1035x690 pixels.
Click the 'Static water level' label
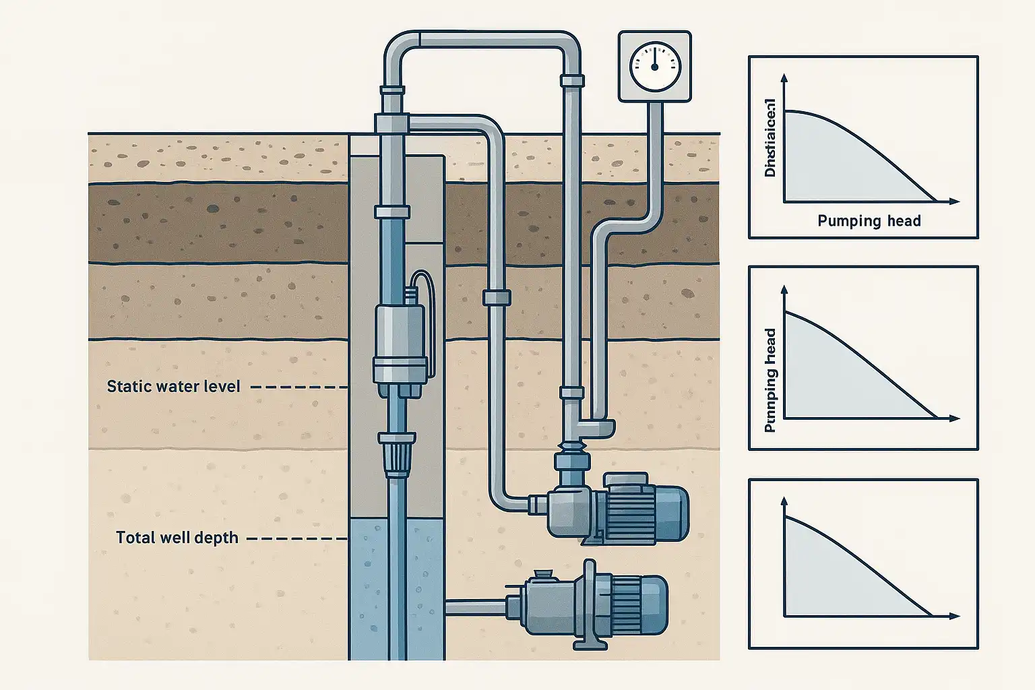tap(173, 386)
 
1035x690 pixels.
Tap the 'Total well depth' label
tap(177, 538)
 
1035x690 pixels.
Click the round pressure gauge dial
tap(655, 67)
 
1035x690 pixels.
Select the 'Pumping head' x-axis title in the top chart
tap(869, 221)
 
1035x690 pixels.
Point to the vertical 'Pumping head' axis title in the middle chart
tap(770, 380)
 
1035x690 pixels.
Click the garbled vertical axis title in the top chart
tap(770, 138)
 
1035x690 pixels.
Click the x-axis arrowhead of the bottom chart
tap(954, 616)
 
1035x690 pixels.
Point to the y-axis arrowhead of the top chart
tap(784, 77)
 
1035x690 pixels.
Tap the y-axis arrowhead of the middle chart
tap(784, 290)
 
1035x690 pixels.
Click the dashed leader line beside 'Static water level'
tap(298, 387)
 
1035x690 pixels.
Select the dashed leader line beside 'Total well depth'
tap(296, 539)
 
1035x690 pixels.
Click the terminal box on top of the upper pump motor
tap(625, 480)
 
